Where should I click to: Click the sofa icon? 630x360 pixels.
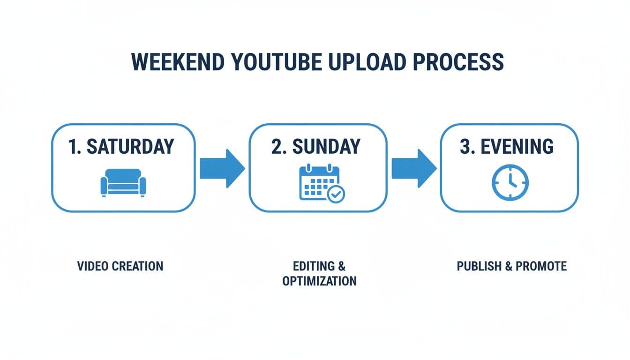tap(123, 182)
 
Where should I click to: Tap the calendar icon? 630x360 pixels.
tap(319, 183)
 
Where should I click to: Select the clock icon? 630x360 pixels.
tap(510, 182)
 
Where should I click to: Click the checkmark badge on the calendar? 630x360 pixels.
tap(336, 193)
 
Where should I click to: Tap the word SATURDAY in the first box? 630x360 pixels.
tap(130, 147)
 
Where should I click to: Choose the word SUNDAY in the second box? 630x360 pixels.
tap(327, 147)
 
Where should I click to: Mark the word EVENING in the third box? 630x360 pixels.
tap(518, 147)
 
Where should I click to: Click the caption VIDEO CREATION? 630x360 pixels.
tap(120, 266)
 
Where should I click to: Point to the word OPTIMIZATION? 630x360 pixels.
tap(319, 281)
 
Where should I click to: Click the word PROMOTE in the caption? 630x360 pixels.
tap(541, 266)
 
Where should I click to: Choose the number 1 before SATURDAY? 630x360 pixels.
tap(73, 147)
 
